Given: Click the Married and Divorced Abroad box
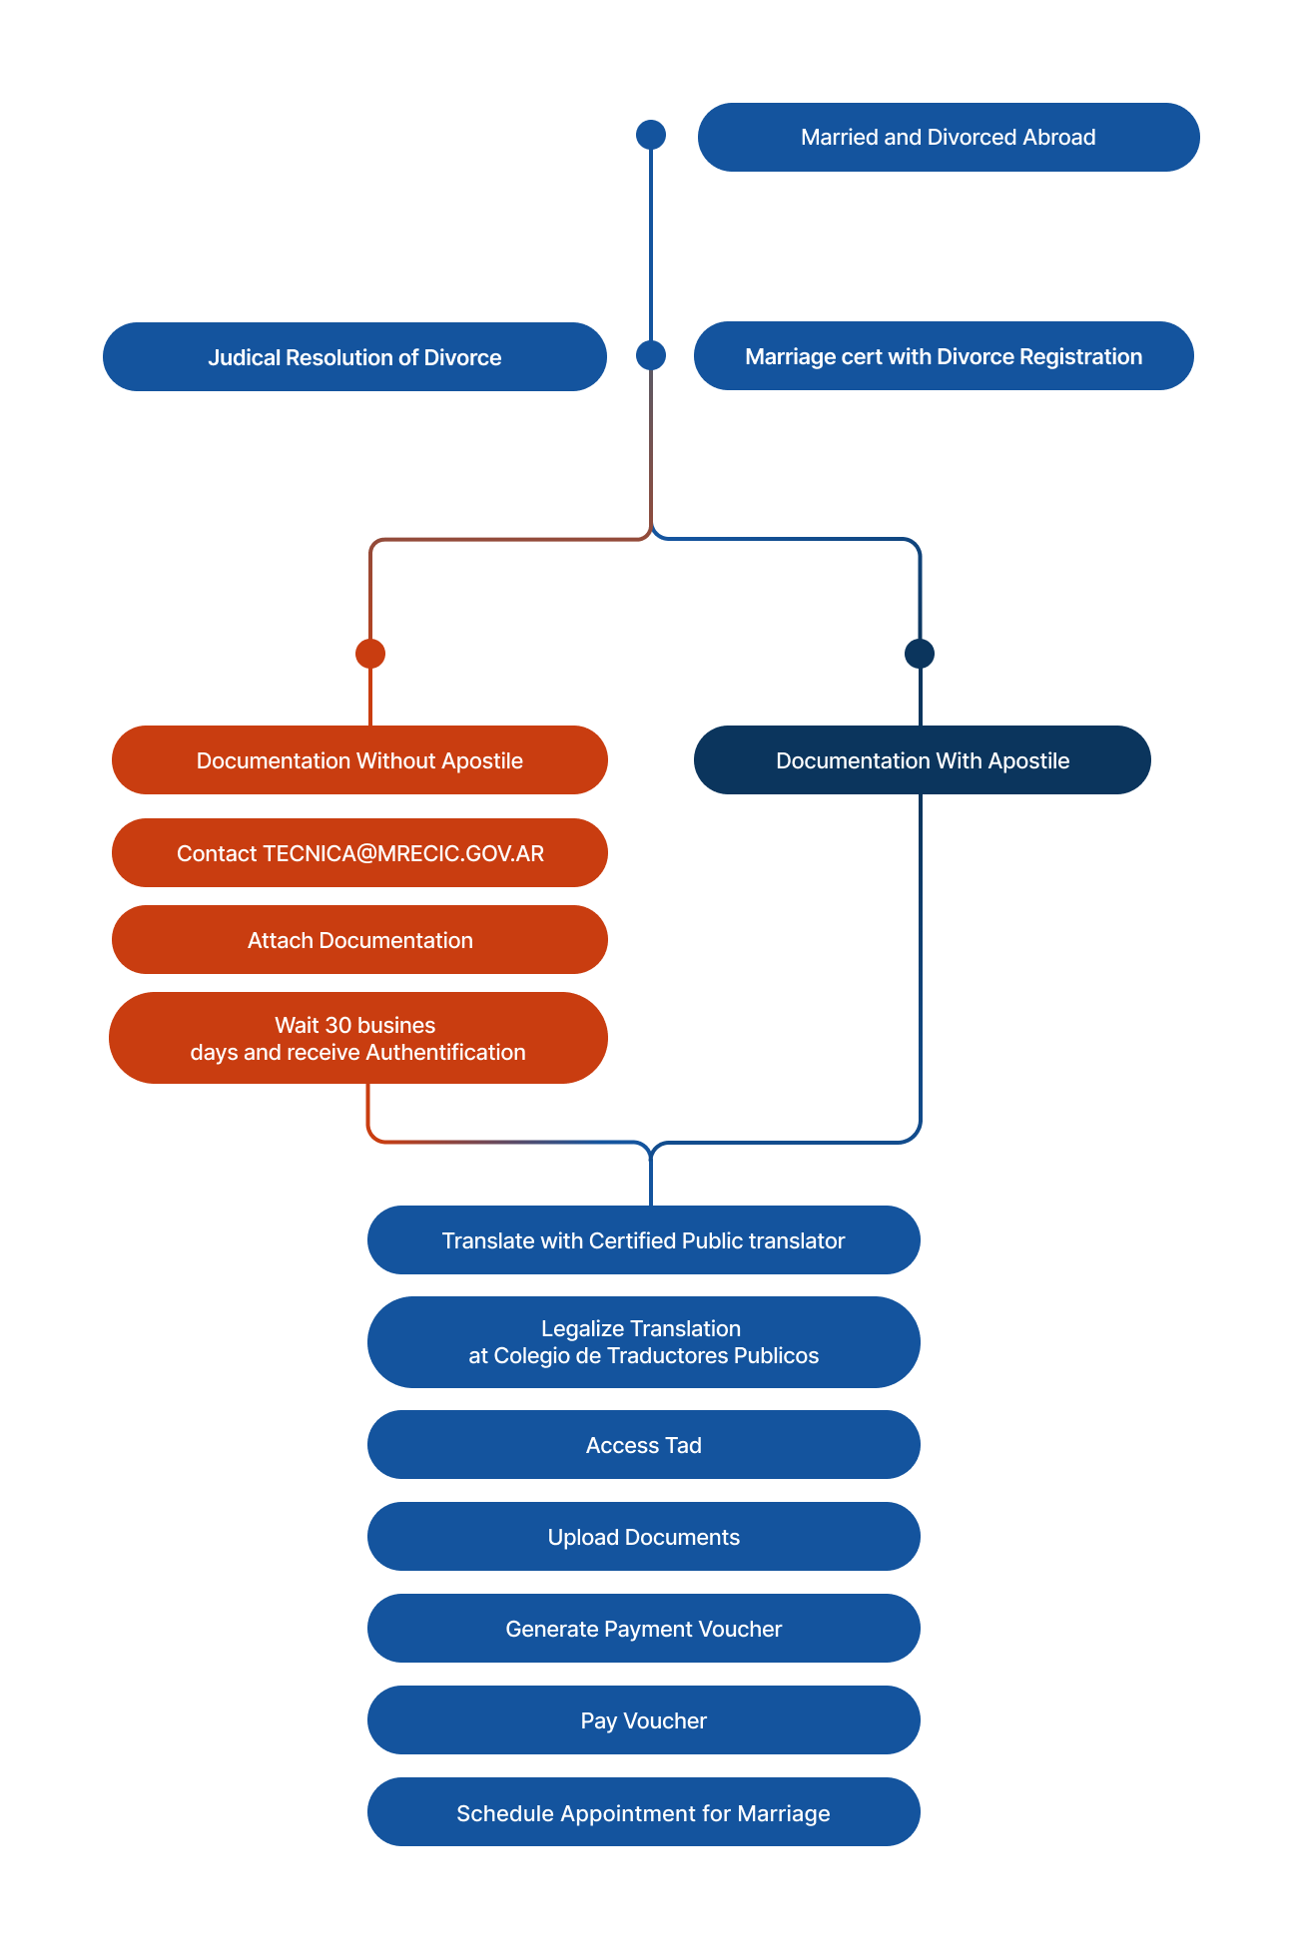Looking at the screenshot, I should tap(948, 138).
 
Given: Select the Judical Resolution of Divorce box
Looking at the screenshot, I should tap(354, 357).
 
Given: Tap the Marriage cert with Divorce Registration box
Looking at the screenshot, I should tap(944, 356).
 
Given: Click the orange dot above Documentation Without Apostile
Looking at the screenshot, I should tap(370, 654).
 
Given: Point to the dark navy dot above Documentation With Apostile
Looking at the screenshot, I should tap(920, 654).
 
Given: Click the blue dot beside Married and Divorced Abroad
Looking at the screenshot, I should tap(651, 135).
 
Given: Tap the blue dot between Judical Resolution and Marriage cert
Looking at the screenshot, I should tap(651, 355).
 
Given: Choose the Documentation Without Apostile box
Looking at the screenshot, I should tap(359, 760).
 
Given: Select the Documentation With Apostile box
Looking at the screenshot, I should tap(922, 760).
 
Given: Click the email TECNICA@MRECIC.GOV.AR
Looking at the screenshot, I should tap(403, 854).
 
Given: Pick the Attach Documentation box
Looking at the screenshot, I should tap(359, 940).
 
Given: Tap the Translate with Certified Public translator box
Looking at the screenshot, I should tap(643, 1240).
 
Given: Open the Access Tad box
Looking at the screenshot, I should tap(643, 1445).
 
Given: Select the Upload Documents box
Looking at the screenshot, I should tap(643, 1537).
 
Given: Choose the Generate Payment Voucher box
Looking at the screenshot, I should tap(643, 1629).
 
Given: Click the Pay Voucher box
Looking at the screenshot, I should tap(643, 1720).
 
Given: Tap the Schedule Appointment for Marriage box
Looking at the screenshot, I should tap(643, 1813).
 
